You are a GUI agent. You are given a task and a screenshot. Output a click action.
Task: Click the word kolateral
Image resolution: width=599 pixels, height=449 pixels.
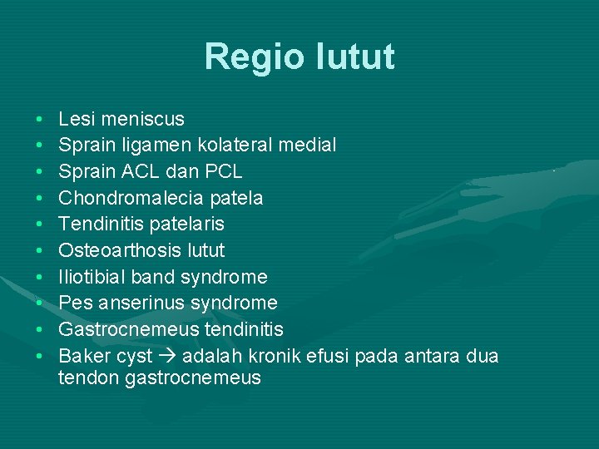pyautogui.click(x=250, y=146)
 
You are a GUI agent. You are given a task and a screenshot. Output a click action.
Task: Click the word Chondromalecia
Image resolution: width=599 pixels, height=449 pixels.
pyautogui.click(x=125, y=198)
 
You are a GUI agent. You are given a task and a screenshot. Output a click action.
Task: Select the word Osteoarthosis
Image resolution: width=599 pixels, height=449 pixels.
pyautogui.click(x=117, y=250)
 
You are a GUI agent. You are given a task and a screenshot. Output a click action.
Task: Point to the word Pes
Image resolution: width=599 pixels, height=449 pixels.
pyautogui.click(x=73, y=303)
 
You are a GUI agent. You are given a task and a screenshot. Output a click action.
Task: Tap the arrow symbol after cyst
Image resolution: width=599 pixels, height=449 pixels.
pyautogui.click(x=167, y=357)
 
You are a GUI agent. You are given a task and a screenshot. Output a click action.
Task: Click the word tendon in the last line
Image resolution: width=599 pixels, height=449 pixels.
pyautogui.click(x=86, y=378)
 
